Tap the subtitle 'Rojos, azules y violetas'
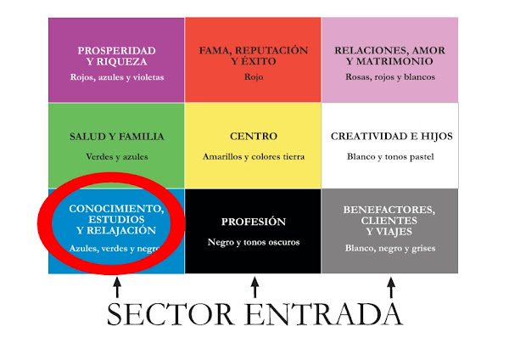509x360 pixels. (116, 77)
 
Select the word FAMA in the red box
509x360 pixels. (216, 50)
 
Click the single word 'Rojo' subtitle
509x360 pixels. (253, 77)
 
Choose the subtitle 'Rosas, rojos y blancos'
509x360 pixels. (390, 77)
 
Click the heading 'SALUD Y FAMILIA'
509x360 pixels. (116, 137)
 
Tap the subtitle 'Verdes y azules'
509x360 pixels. (116, 157)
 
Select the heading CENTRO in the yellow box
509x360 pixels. (253, 137)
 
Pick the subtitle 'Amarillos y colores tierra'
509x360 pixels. (253, 157)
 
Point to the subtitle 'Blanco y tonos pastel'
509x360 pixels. (390, 157)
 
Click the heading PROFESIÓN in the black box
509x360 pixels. (253, 222)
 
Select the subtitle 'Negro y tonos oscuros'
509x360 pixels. (253, 242)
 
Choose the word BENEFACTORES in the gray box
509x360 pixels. (389, 209)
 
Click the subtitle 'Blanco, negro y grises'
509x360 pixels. (390, 249)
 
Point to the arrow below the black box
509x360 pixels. (253, 290)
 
